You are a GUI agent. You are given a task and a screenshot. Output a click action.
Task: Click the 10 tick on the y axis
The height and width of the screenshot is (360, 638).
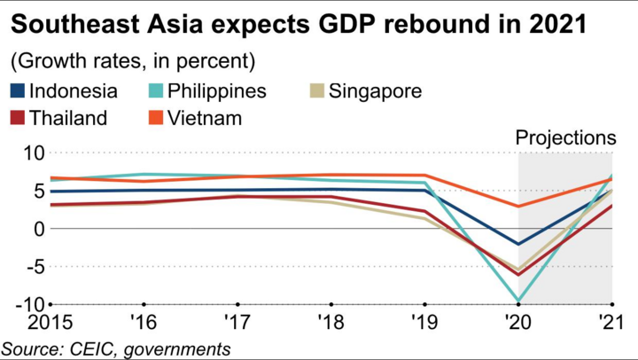tap(32, 153)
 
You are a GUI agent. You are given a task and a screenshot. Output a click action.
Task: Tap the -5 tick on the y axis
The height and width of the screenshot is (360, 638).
tap(32, 266)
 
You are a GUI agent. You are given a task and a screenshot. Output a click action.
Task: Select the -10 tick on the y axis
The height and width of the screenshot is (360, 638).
tap(28, 304)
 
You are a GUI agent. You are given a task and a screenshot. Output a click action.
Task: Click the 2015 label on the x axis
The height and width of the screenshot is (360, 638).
tap(27, 322)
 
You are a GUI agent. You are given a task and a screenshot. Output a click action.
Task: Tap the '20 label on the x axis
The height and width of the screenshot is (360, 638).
tap(518, 322)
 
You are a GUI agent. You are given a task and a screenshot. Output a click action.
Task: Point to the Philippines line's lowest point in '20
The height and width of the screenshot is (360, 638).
tap(518, 301)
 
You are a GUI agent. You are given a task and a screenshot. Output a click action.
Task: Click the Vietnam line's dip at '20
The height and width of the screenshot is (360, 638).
tap(518, 207)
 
